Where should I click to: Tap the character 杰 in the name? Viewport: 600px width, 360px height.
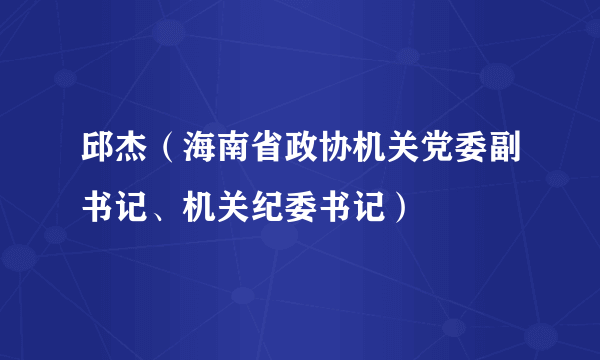point(132,156)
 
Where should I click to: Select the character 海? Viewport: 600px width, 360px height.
point(202,156)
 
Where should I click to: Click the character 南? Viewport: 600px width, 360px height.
point(237,156)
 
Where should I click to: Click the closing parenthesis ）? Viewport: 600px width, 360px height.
point(403,208)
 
